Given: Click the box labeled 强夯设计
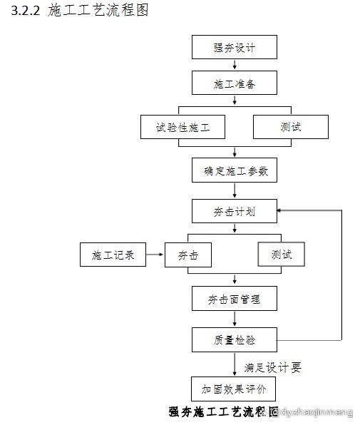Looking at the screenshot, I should point(234,48).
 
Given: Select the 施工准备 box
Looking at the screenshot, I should point(234,83).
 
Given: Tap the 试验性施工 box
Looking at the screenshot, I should point(183,127).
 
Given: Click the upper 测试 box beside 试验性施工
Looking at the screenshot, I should point(291,127).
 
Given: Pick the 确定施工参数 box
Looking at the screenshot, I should point(234,170).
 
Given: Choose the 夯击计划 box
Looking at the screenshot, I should point(234,211).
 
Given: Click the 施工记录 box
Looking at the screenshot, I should point(113,255).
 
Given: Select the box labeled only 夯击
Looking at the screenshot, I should point(188,255).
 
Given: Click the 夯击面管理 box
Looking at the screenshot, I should point(234,299).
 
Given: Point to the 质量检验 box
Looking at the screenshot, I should point(234,339).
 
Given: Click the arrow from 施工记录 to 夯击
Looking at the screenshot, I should point(155,255).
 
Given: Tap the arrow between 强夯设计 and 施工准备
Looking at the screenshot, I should point(234,66).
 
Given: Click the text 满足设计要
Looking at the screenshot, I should point(272,367).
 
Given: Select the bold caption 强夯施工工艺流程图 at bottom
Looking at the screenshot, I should point(222,412).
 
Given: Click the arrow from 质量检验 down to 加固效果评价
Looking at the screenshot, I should point(234,364).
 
